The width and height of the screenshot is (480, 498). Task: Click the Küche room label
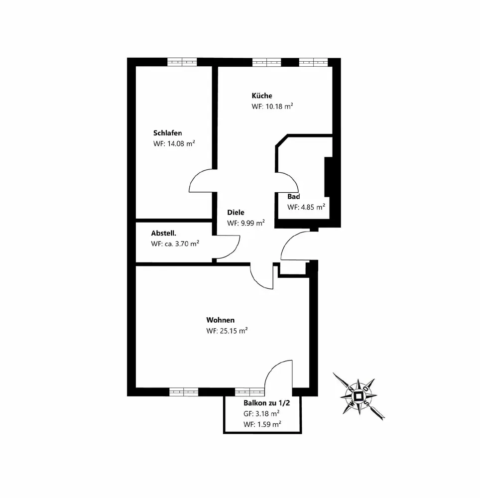[x=261, y=96]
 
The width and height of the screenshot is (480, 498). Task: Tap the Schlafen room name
[x=167, y=133]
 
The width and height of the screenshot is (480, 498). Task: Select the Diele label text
[x=236, y=212]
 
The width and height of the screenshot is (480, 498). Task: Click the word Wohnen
[x=220, y=320]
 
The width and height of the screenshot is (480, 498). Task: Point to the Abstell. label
[x=164, y=233]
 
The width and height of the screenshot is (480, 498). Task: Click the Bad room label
[x=293, y=196]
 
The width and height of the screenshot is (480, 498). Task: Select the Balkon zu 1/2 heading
[x=266, y=403]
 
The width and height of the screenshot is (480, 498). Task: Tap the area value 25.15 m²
[x=234, y=331]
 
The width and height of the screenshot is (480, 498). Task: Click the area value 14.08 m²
[x=180, y=143]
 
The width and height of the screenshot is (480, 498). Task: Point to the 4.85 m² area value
[x=313, y=207]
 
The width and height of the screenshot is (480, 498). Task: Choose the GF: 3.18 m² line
[x=261, y=413]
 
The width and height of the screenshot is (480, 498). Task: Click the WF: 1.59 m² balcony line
[x=262, y=424]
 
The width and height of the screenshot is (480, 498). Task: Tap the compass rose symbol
[x=359, y=396]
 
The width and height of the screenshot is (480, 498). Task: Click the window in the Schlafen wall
[x=182, y=62]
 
